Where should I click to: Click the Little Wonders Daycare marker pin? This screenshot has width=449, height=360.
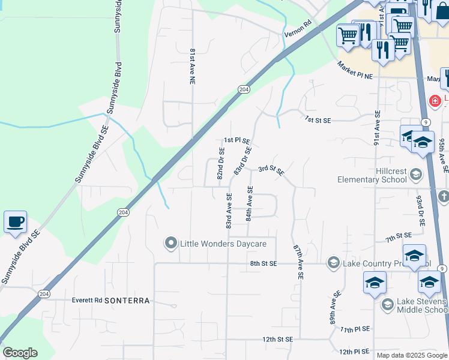[x=171, y=244]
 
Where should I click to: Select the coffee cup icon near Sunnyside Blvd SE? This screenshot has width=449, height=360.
[x=15, y=222]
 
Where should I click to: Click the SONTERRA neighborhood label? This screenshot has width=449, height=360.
[x=126, y=300]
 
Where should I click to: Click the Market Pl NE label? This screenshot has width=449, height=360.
[x=355, y=70]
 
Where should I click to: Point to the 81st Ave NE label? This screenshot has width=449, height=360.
[x=193, y=66]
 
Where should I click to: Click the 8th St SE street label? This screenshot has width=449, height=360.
[x=263, y=263]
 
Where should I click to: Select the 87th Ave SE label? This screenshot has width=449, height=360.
[x=298, y=262]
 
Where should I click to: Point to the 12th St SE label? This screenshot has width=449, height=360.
[x=277, y=339]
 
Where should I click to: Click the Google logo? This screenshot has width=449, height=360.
[x=20, y=353]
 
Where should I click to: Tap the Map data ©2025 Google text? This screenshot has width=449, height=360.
[x=412, y=355]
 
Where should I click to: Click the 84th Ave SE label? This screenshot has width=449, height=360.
[x=250, y=203]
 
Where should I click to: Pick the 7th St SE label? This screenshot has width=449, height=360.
[x=399, y=238]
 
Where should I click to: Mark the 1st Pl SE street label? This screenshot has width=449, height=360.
[x=237, y=140]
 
